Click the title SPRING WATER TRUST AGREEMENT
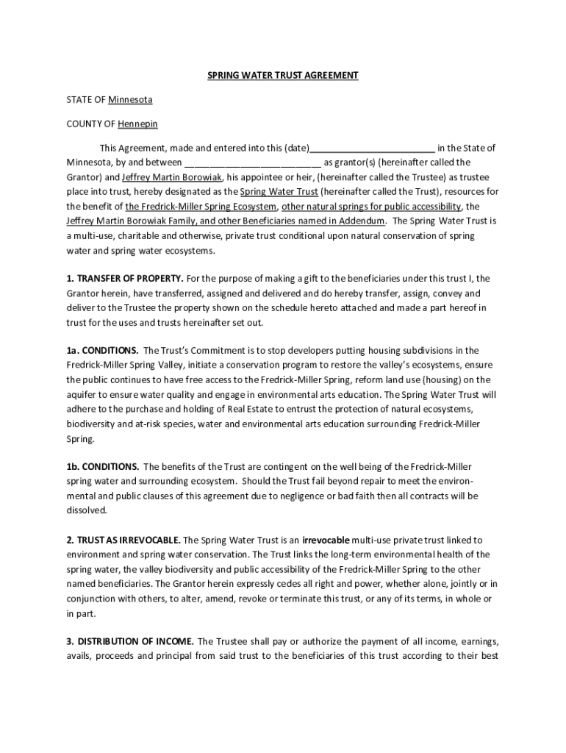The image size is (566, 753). [x=282, y=76]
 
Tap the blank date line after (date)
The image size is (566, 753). [x=373, y=148]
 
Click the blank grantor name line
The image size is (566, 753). [x=253, y=163]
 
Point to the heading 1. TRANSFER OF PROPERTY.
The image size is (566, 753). [x=125, y=279]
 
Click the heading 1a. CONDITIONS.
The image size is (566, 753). [x=102, y=350]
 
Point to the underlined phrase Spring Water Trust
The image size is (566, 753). [x=279, y=191]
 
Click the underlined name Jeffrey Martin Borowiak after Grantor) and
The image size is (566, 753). [x=172, y=177]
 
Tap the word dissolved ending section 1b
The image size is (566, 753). [x=87, y=510]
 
